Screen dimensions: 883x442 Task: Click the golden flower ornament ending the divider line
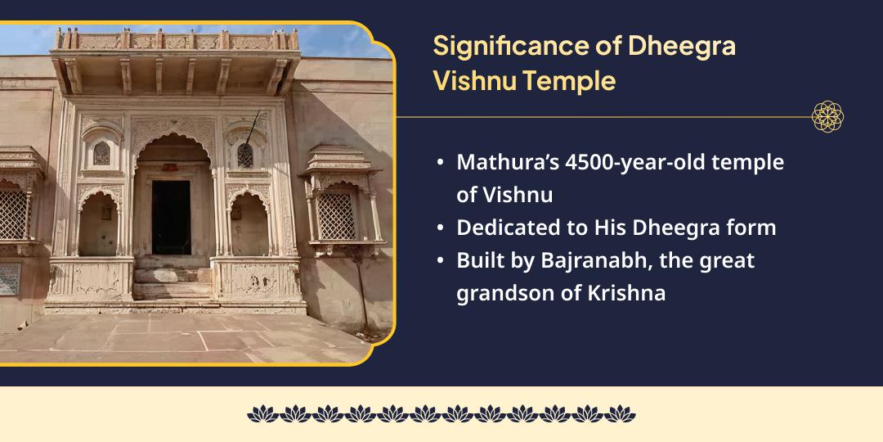[827, 117]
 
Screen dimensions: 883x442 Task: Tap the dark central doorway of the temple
[171, 217]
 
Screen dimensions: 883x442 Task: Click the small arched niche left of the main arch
[102, 153]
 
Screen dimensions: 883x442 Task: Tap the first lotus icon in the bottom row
[262, 414]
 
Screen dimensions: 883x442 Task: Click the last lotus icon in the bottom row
[620, 414]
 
